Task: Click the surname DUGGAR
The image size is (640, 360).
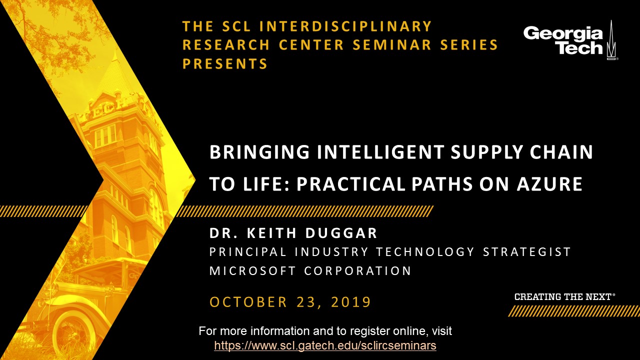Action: (341, 233)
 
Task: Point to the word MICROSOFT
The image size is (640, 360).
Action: (252, 271)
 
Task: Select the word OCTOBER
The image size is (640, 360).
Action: (248, 302)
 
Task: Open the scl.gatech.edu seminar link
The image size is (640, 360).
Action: (325, 345)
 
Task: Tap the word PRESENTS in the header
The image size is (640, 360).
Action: (225, 63)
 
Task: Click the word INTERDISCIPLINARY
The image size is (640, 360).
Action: (345, 26)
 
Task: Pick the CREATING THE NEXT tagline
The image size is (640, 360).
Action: (564, 297)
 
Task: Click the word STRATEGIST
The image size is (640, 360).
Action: (527, 252)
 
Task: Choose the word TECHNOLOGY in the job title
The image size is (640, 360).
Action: (425, 252)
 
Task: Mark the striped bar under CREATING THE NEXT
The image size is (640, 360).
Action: (573, 311)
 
